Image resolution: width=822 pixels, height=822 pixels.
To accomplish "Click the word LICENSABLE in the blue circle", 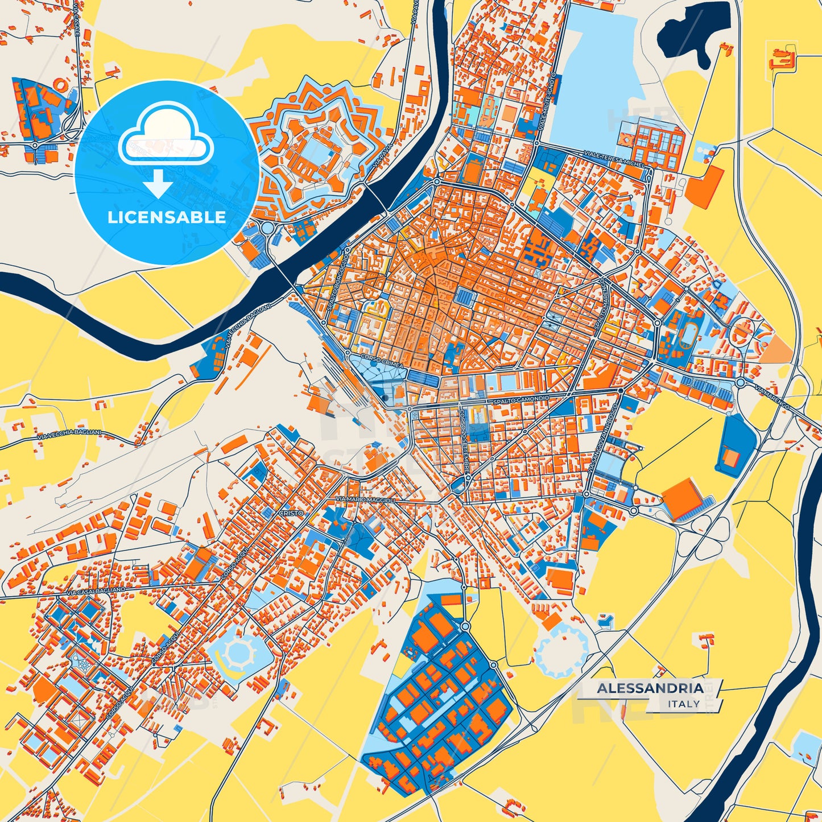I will point(166,217).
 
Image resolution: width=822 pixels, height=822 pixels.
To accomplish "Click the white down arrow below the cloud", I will point(159,184).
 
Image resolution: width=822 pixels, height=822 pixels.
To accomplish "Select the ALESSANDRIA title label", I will point(650,688).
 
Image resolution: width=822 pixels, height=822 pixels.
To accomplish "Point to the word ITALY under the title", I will point(684,704).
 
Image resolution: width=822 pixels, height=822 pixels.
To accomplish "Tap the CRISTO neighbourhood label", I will point(291,513).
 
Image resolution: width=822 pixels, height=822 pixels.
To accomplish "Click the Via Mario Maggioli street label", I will point(365,500).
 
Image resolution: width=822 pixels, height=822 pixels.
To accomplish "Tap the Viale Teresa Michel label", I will point(616,159).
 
